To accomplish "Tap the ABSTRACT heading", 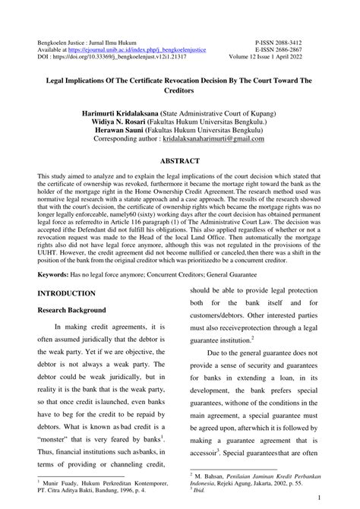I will click(x=180, y=162).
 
